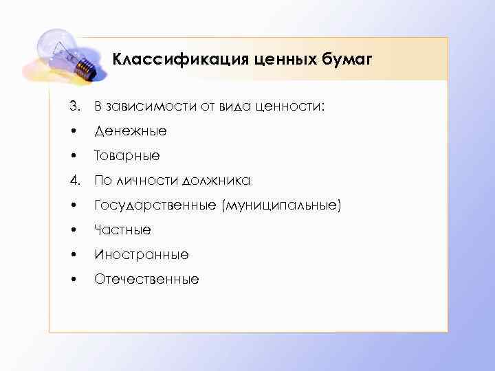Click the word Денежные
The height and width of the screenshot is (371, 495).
(x=130, y=131)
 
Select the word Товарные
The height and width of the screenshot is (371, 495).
(x=126, y=155)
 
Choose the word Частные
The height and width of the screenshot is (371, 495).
(x=122, y=229)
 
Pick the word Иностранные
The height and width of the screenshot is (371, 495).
(x=141, y=254)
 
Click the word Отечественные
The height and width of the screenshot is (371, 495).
(x=146, y=279)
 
